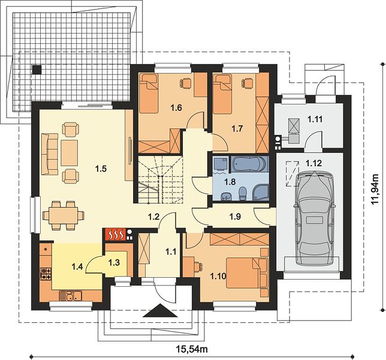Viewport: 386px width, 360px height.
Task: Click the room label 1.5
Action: click(x=101, y=169)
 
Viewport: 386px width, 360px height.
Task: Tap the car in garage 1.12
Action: click(x=315, y=218)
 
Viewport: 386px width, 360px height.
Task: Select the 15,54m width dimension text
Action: click(x=192, y=349)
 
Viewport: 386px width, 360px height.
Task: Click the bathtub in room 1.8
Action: click(x=249, y=164)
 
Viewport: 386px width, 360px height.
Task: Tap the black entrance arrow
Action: click(x=160, y=311)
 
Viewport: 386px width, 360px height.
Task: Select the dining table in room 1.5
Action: click(x=63, y=215)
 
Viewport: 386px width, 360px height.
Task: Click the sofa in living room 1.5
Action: click(x=50, y=154)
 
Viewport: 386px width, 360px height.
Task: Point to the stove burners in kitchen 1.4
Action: click(x=46, y=274)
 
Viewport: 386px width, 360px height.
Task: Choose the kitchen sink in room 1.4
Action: click(x=70, y=296)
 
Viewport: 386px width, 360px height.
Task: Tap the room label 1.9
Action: click(x=235, y=217)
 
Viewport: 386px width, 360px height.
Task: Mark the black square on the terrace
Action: click(x=37, y=70)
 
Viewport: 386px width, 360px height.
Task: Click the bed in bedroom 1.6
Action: click(x=148, y=94)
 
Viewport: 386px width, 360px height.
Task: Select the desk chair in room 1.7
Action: click(x=247, y=83)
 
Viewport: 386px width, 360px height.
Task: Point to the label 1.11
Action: click(x=315, y=119)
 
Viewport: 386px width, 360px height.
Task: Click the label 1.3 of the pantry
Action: click(x=114, y=262)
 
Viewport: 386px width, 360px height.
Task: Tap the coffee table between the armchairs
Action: click(x=70, y=153)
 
